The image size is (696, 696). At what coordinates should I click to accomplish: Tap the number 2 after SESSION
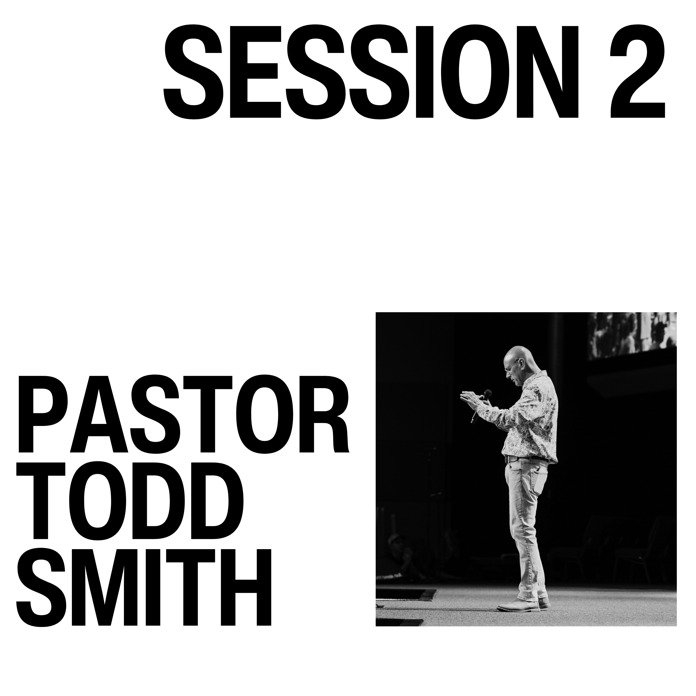tap(637, 72)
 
